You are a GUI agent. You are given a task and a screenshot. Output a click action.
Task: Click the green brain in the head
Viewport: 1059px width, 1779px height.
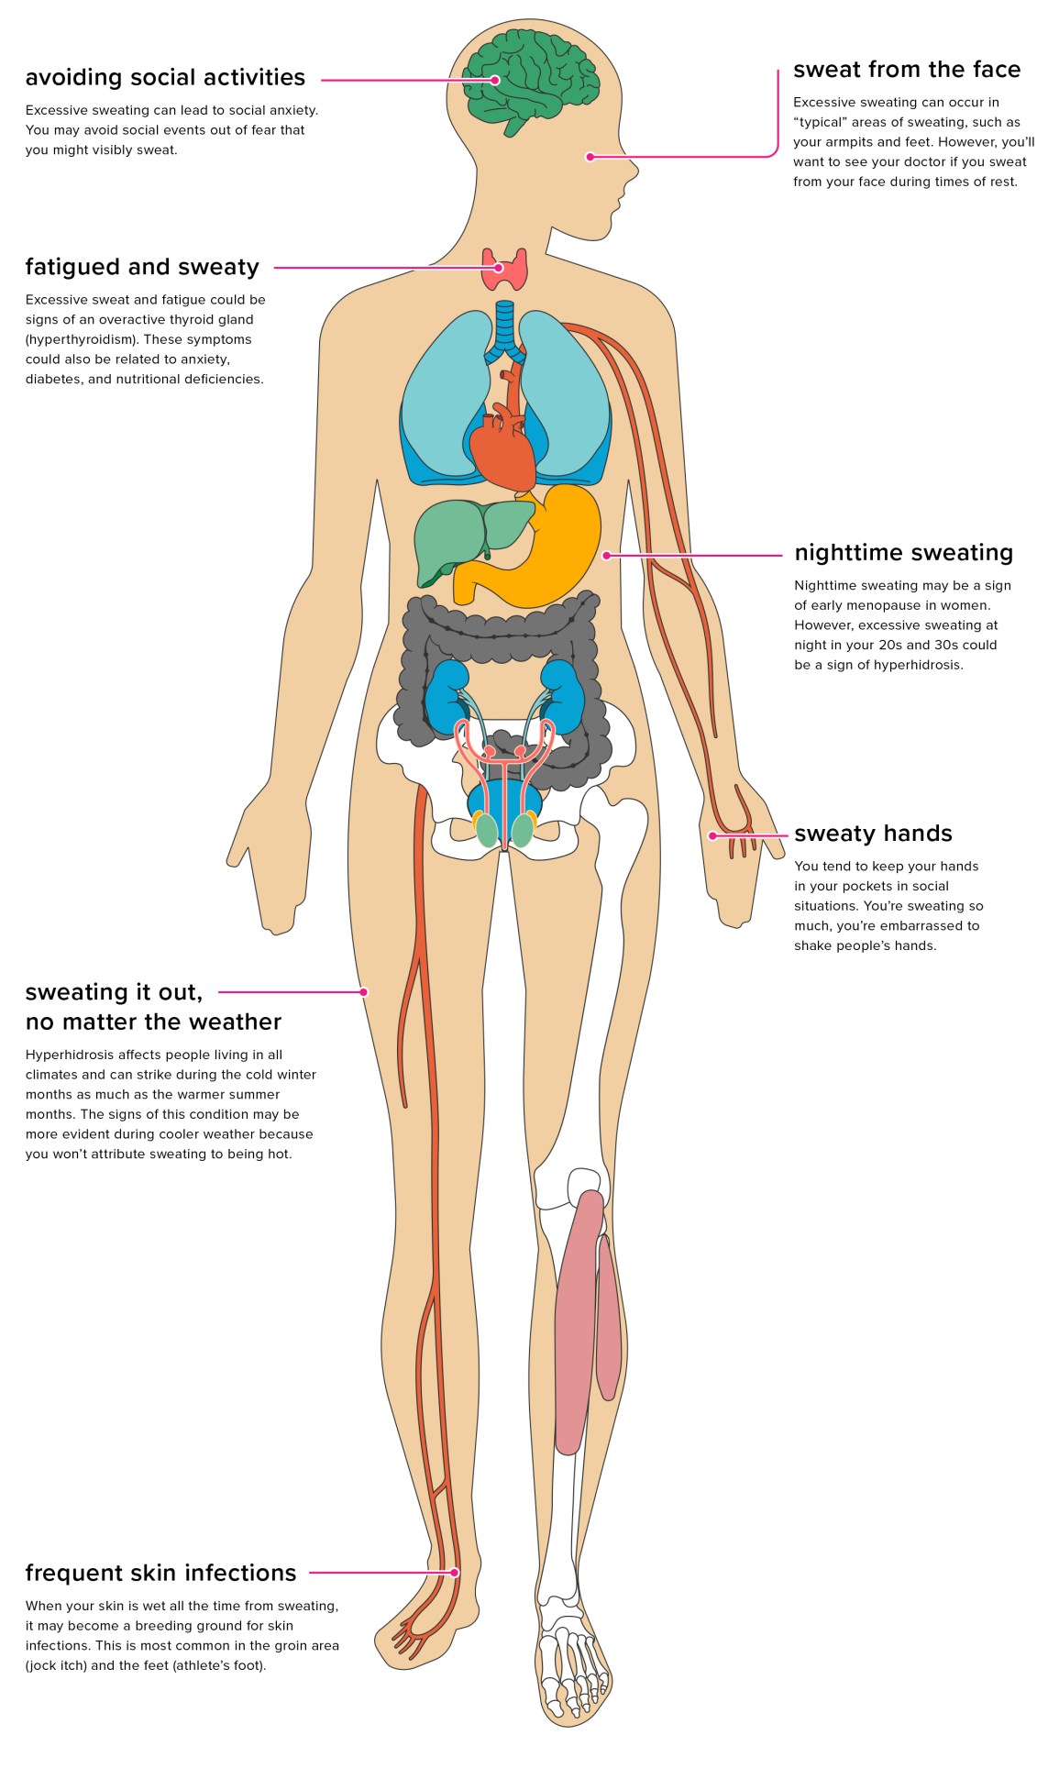coord(532,81)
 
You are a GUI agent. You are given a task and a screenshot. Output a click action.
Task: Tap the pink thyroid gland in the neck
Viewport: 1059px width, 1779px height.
coord(505,269)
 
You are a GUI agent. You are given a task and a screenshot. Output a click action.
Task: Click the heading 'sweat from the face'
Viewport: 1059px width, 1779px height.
coord(906,70)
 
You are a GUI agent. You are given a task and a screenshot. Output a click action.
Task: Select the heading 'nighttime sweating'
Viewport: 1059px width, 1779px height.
coord(903,553)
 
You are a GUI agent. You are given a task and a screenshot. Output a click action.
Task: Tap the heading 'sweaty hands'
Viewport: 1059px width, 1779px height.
coord(873,834)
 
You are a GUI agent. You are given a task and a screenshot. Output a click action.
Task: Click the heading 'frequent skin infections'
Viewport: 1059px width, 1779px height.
coord(160,1573)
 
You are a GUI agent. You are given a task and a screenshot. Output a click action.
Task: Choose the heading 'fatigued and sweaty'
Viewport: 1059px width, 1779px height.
coord(142,267)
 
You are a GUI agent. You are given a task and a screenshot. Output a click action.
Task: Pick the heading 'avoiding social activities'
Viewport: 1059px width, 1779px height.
coord(165,78)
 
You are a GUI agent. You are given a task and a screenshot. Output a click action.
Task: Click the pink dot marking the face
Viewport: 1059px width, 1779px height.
coord(590,157)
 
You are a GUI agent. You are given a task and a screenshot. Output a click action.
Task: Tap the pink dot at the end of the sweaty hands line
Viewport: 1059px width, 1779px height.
coord(712,835)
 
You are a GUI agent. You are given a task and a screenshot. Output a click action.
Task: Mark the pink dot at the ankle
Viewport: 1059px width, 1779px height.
coord(455,1572)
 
